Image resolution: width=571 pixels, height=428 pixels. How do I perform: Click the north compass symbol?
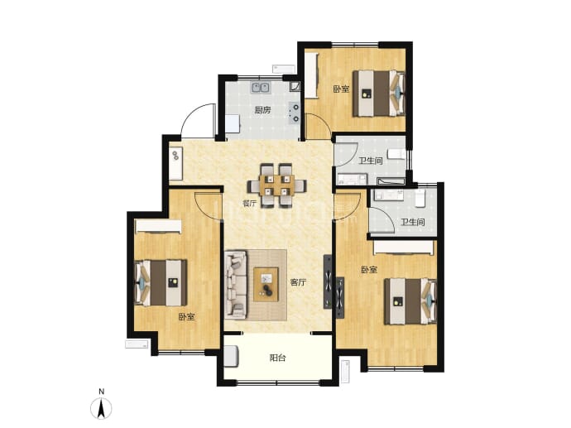(102, 408)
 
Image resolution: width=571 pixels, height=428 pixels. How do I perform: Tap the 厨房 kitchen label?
(262, 110)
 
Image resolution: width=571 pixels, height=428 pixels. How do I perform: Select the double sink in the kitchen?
(260, 88)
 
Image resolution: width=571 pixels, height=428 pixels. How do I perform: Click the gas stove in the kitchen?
(295, 113)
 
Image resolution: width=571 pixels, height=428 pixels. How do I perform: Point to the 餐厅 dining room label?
(250, 204)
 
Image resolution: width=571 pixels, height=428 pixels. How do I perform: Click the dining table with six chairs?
(276, 185)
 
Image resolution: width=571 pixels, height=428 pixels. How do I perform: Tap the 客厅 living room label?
(298, 282)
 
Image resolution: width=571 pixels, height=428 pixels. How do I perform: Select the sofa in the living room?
(236, 284)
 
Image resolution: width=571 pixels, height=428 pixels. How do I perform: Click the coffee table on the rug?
(266, 284)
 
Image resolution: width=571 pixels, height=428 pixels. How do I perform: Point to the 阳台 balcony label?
(277, 358)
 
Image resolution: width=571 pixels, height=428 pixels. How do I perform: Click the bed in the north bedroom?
(379, 94)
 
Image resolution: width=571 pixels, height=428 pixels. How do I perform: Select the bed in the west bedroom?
(161, 282)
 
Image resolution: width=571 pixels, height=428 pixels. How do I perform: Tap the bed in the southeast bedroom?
(410, 301)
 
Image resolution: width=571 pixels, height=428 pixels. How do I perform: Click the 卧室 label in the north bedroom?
(341, 89)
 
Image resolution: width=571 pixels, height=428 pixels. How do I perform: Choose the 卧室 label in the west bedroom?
(186, 317)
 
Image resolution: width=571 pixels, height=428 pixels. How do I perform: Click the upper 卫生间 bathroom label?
(371, 161)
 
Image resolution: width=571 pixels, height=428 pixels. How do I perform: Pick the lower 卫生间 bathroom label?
(413, 222)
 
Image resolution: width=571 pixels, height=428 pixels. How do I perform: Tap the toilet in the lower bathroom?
(420, 198)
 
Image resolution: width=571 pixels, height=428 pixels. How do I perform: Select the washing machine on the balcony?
(231, 356)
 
